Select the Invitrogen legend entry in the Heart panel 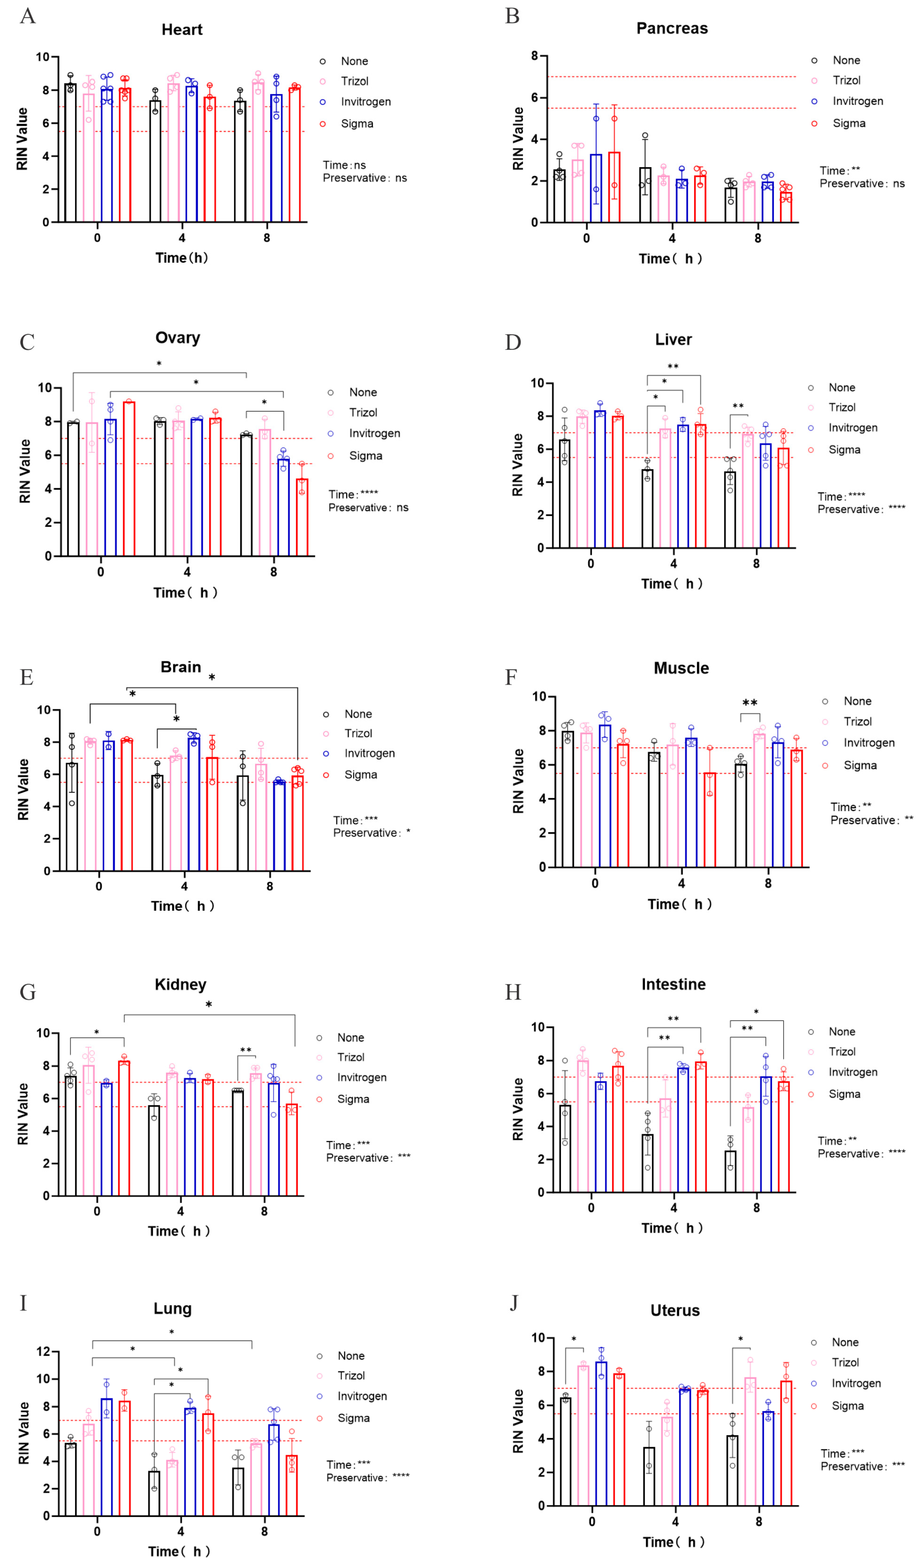[366, 102]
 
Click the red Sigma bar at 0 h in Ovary [129, 478]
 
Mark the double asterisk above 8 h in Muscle [750, 703]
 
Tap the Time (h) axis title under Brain [182, 906]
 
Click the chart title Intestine [673, 984]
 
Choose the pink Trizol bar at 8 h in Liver [748, 491]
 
